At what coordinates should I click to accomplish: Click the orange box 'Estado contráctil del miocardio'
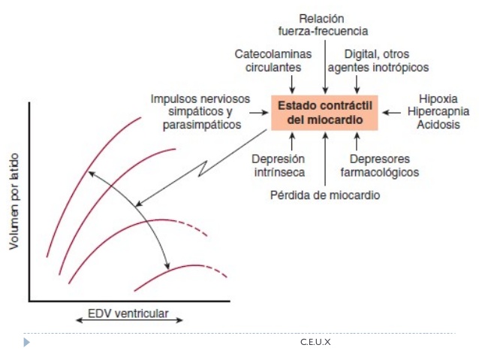[x=324, y=113]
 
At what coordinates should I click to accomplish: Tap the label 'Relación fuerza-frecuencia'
[x=323, y=25]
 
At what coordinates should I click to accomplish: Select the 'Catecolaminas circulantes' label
[x=273, y=61]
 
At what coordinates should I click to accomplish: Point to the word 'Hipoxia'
[x=438, y=98]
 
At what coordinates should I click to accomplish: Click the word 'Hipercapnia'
[x=438, y=112]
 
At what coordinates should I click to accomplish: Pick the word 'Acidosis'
[x=438, y=125]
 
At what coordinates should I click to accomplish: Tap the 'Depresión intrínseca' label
[x=279, y=165]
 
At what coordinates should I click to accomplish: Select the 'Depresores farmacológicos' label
[x=380, y=165]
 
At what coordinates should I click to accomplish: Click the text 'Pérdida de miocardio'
[x=325, y=195]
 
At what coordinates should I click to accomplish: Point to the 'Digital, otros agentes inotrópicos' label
[x=378, y=61]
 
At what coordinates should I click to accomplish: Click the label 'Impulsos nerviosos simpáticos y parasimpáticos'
[x=200, y=112]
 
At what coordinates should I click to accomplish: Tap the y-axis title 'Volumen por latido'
[x=14, y=201]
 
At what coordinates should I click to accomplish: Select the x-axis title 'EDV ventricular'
[x=128, y=313]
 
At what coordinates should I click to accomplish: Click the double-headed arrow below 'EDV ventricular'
[x=129, y=320]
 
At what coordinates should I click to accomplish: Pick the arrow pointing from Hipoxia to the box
[x=392, y=113]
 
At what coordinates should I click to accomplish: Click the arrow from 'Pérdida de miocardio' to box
[x=325, y=159]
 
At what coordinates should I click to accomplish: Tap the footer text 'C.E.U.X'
[x=315, y=342]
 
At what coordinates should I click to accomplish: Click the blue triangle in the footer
[x=26, y=342]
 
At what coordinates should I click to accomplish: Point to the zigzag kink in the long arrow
[x=203, y=168]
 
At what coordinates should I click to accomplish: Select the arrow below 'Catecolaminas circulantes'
[x=292, y=84]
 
